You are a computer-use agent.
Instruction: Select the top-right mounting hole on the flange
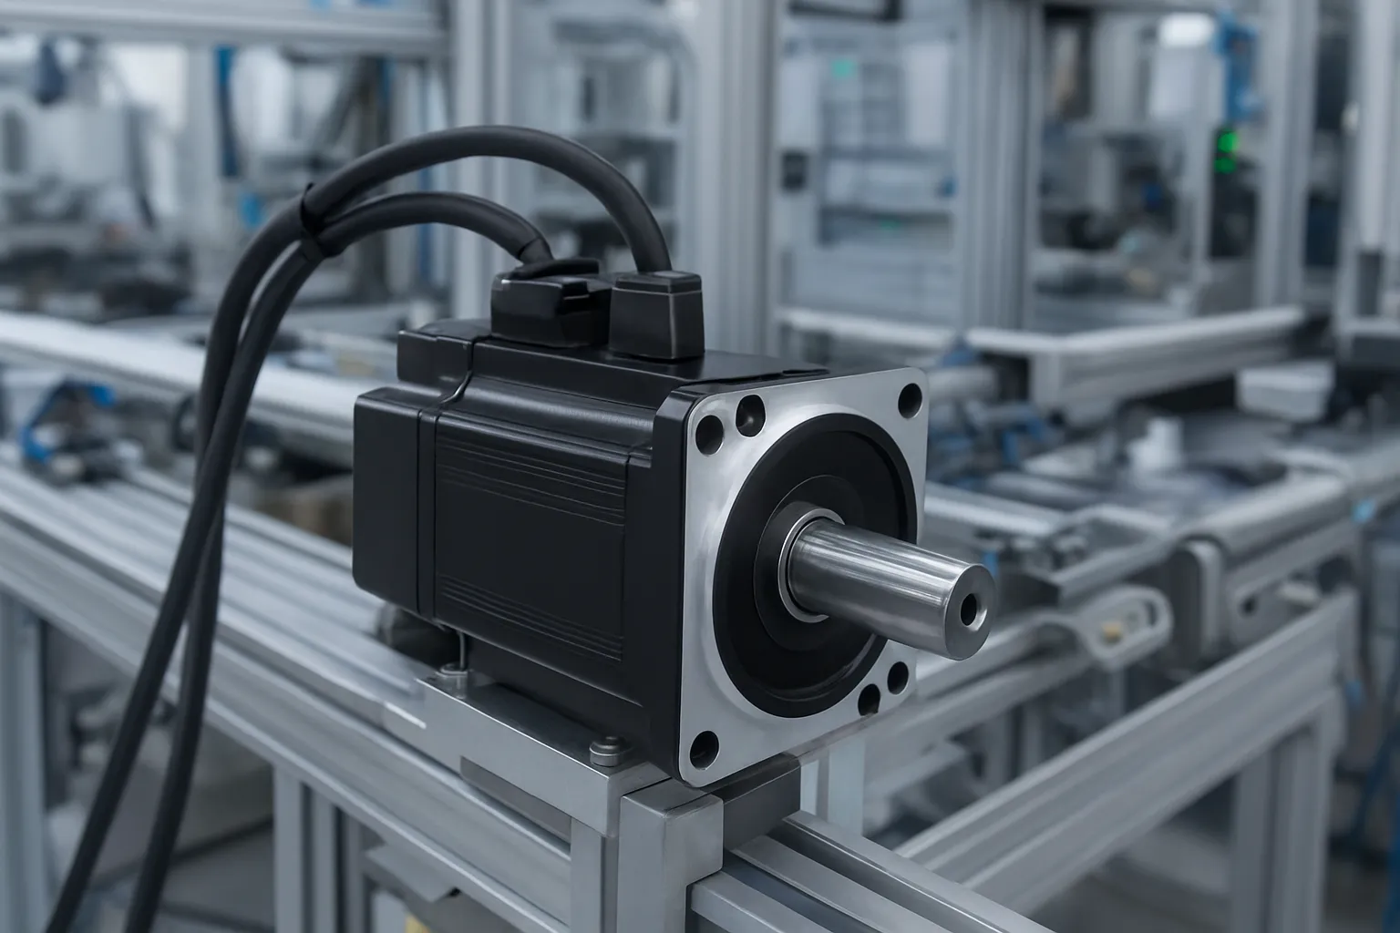[x=909, y=398]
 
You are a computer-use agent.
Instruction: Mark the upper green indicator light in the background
[x=1223, y=141]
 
